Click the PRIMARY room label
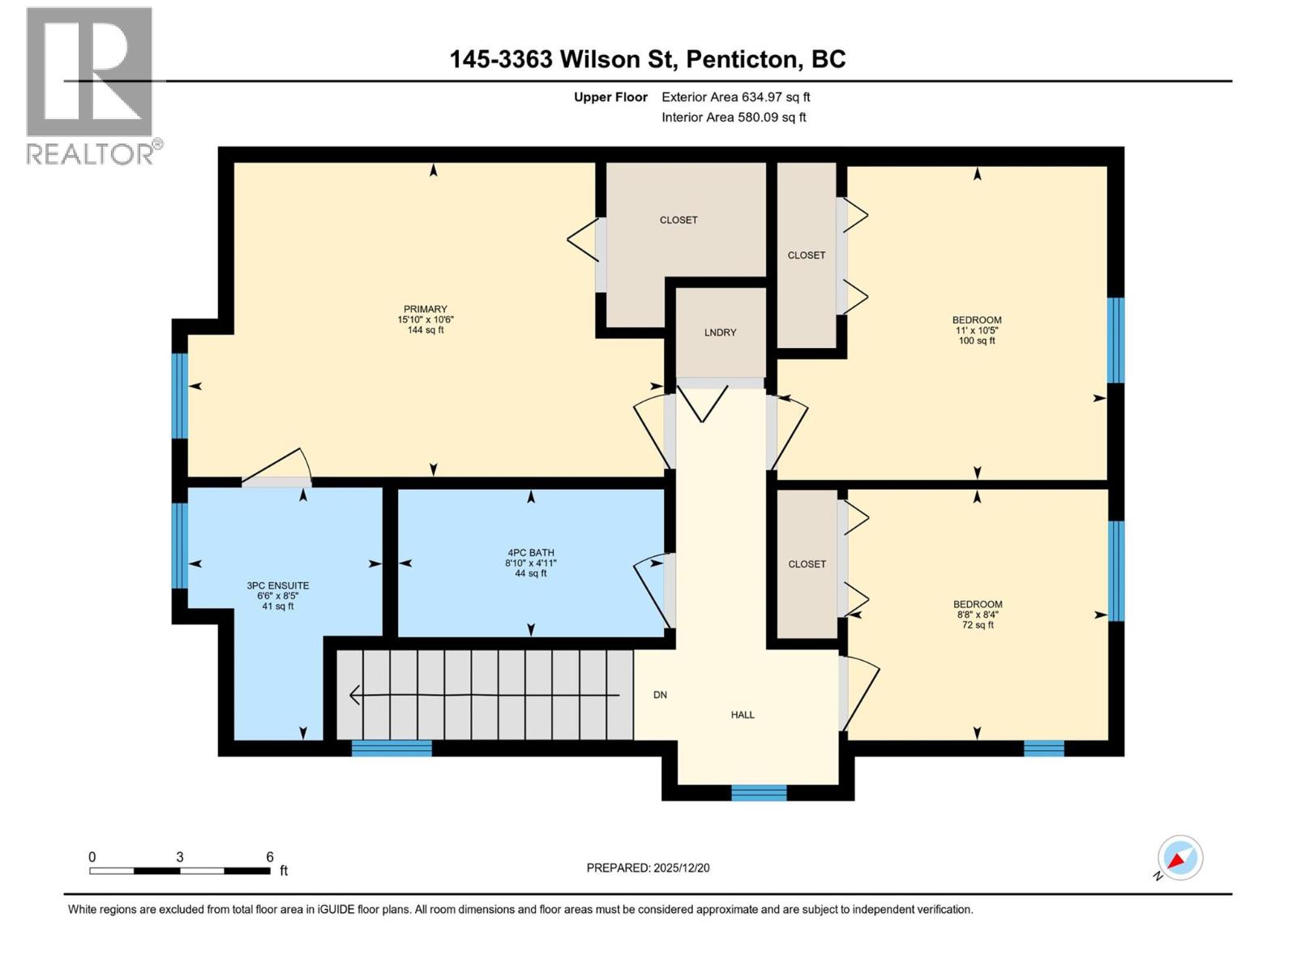425,309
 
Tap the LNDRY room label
720,332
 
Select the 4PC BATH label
531,553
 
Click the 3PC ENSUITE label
278,585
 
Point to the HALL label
743,715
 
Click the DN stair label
661,695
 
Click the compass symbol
1179,858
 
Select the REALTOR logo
89,85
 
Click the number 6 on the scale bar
270,857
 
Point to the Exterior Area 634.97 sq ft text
735,97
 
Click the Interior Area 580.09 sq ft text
734,118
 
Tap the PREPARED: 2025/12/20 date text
648,868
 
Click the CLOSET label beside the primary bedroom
678,220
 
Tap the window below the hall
759,793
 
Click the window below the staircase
392,748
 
